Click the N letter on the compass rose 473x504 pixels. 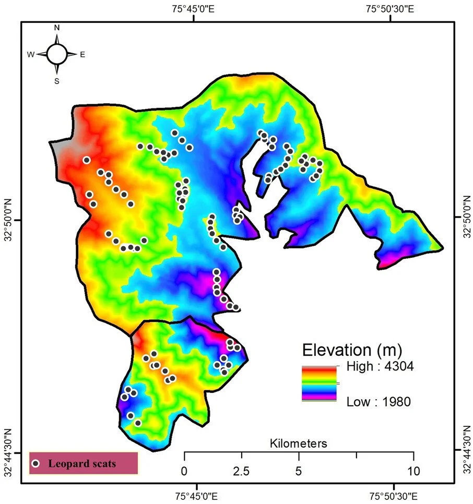(57, 27)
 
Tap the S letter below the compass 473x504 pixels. (57, 80)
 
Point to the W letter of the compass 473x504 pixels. (31, 54)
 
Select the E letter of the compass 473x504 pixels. (82, 54)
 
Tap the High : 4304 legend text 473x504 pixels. (380, 367)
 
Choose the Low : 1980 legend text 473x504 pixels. (379, 401)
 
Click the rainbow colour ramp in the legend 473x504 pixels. (319, 383)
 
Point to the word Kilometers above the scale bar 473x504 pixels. (299, 444)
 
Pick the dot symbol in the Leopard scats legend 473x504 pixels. (36, 463)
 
